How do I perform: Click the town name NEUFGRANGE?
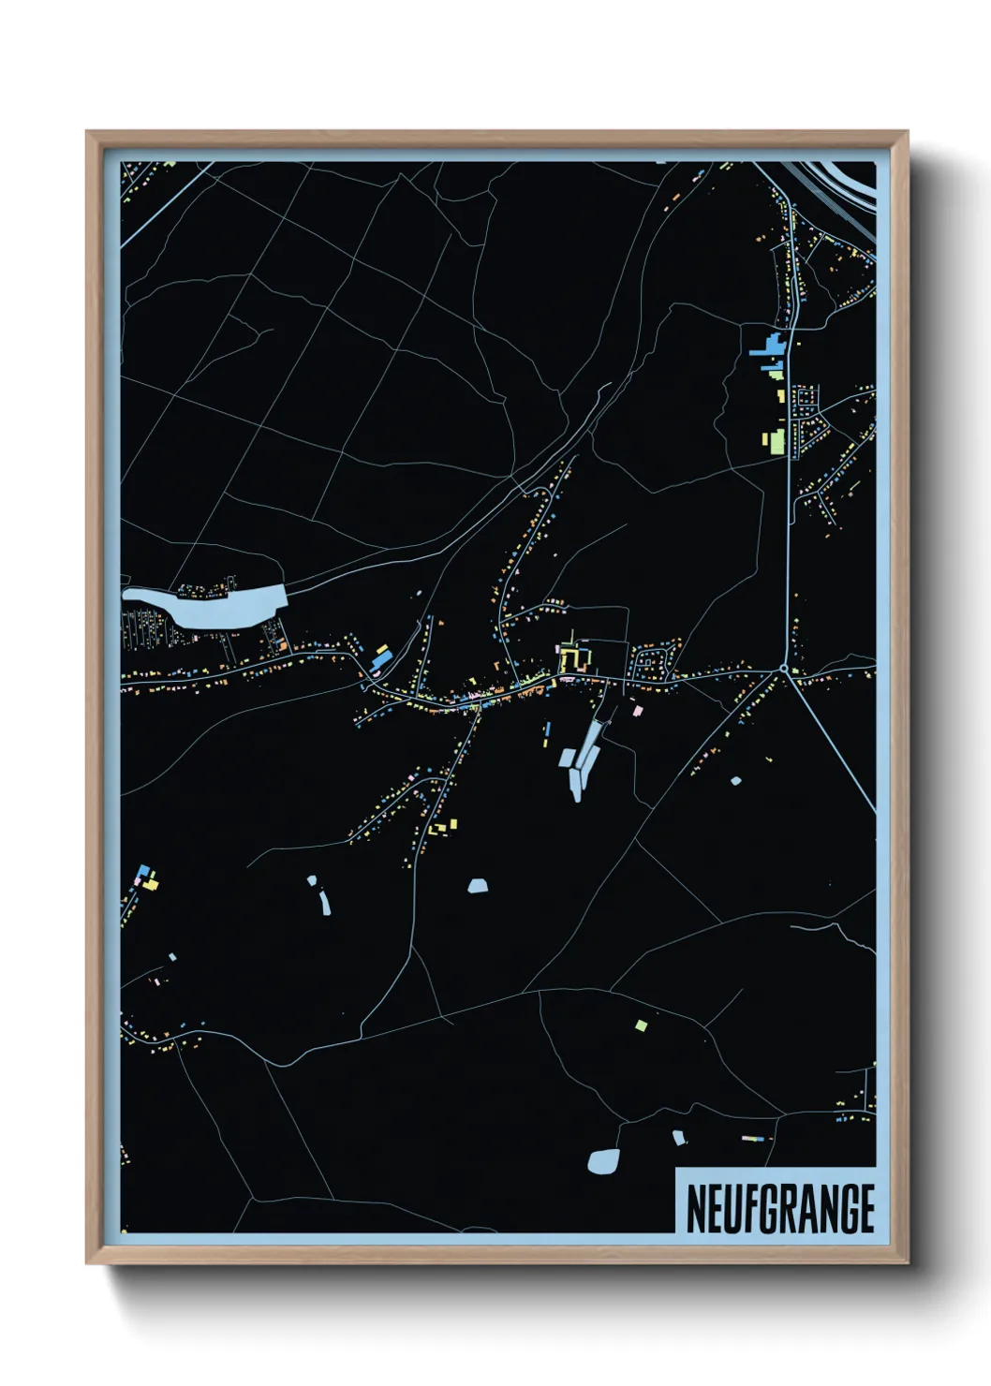[x=779, y=1209]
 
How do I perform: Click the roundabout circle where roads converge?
[x=783, y=669]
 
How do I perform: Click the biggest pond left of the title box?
[x=602, y=1162]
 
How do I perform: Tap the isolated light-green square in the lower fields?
[x=641, y=1025]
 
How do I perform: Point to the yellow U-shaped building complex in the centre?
[x=572, y=657]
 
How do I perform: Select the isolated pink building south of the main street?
[x=638, y=711]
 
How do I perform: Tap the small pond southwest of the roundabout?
[x=735, y=780]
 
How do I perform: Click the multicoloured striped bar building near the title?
[x=752, y=1139]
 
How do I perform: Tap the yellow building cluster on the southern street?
[x=444, y=827]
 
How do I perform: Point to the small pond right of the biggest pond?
[x=678, y=1138]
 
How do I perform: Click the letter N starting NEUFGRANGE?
[x=697, y=1209]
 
